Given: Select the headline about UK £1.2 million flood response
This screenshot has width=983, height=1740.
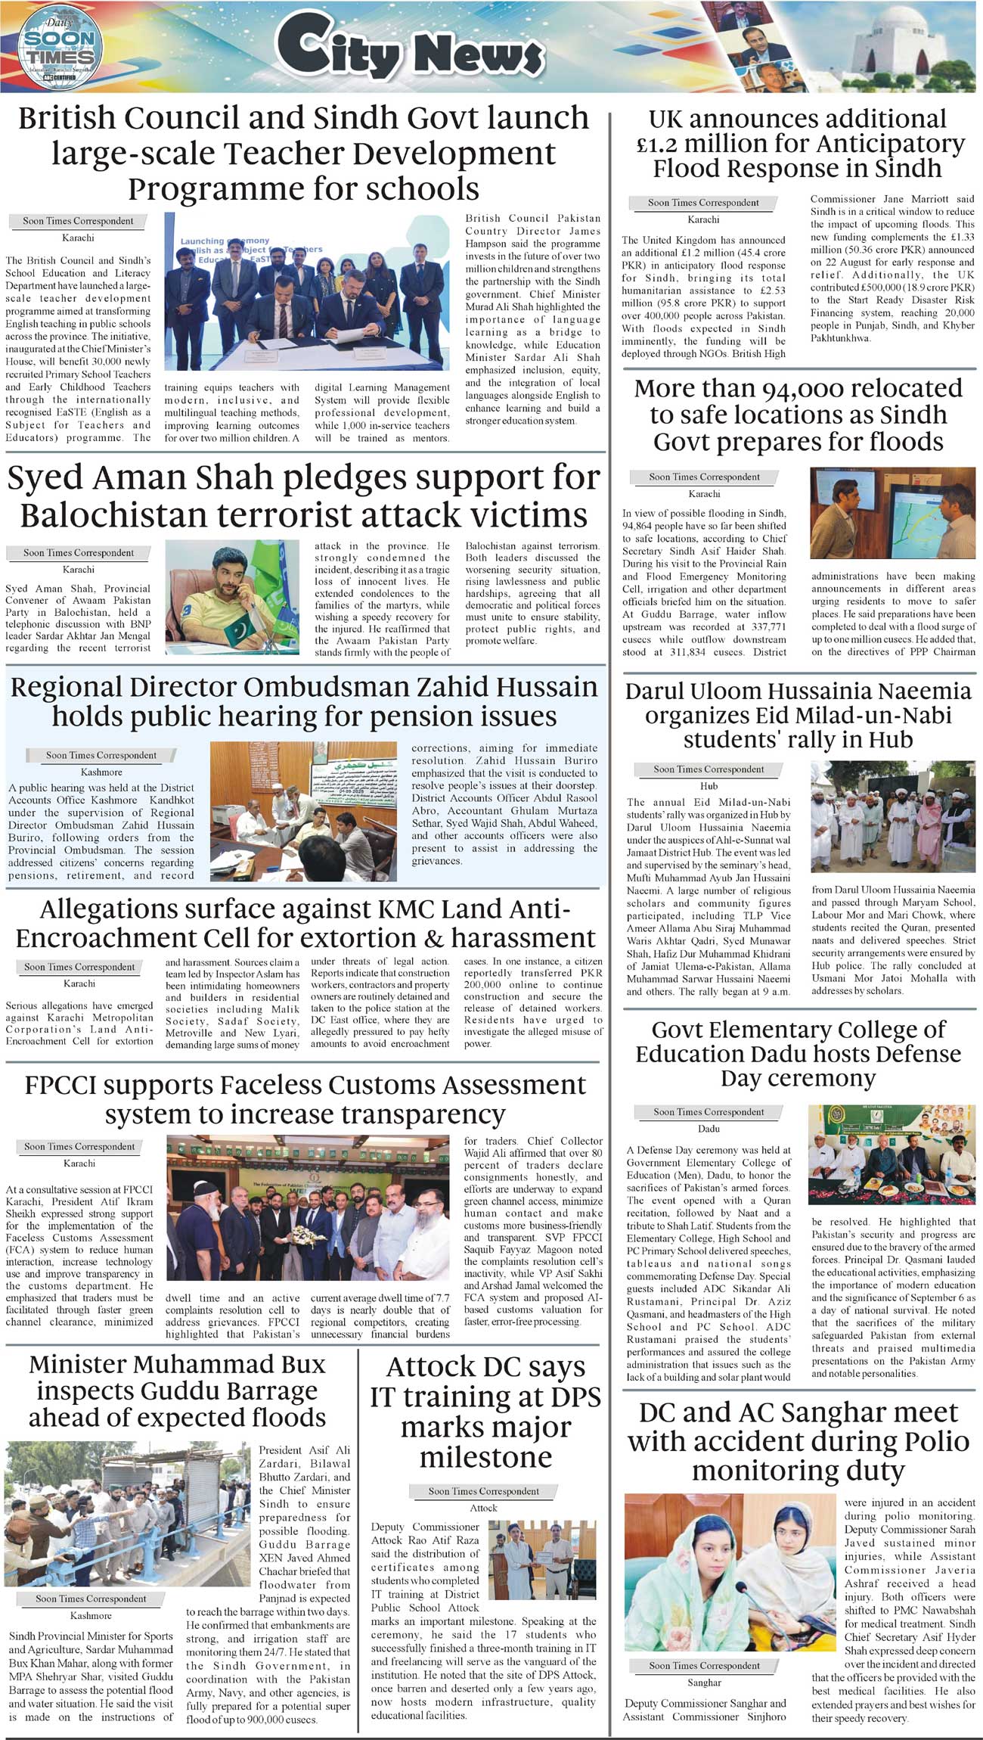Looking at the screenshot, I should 800,143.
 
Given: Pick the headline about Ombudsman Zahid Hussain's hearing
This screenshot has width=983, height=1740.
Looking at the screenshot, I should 304,701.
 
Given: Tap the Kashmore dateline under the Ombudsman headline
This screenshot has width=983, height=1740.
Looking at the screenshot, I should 101,772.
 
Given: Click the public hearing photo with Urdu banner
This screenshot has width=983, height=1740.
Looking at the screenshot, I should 302,810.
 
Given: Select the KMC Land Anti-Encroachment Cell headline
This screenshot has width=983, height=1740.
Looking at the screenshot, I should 305,923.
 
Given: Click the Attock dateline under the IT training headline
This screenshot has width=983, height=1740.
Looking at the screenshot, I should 483,1508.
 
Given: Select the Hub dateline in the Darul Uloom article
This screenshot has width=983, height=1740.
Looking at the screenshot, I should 709,786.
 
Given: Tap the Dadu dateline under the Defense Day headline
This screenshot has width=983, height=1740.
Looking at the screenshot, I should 709,1129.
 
